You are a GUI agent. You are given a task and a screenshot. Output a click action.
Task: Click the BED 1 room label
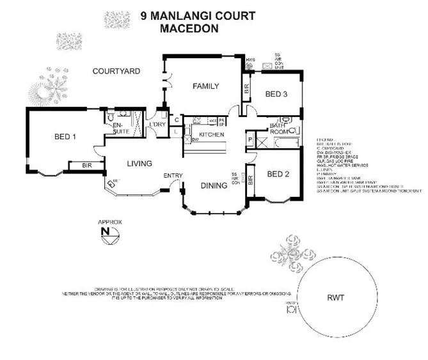click(65, 136)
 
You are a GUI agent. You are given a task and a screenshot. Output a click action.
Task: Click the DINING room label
click(214, 186)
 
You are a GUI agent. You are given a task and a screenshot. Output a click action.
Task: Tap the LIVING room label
click(139, 164)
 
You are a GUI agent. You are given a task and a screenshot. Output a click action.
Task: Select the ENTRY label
click(173, 176)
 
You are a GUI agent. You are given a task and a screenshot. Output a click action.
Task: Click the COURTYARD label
click(116, 71)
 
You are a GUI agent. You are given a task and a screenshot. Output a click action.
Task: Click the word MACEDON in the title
click(189, 28)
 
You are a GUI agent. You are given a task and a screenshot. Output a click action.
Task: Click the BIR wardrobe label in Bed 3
click(247, 90)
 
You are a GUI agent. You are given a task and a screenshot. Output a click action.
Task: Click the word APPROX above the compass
click(109, 222)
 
